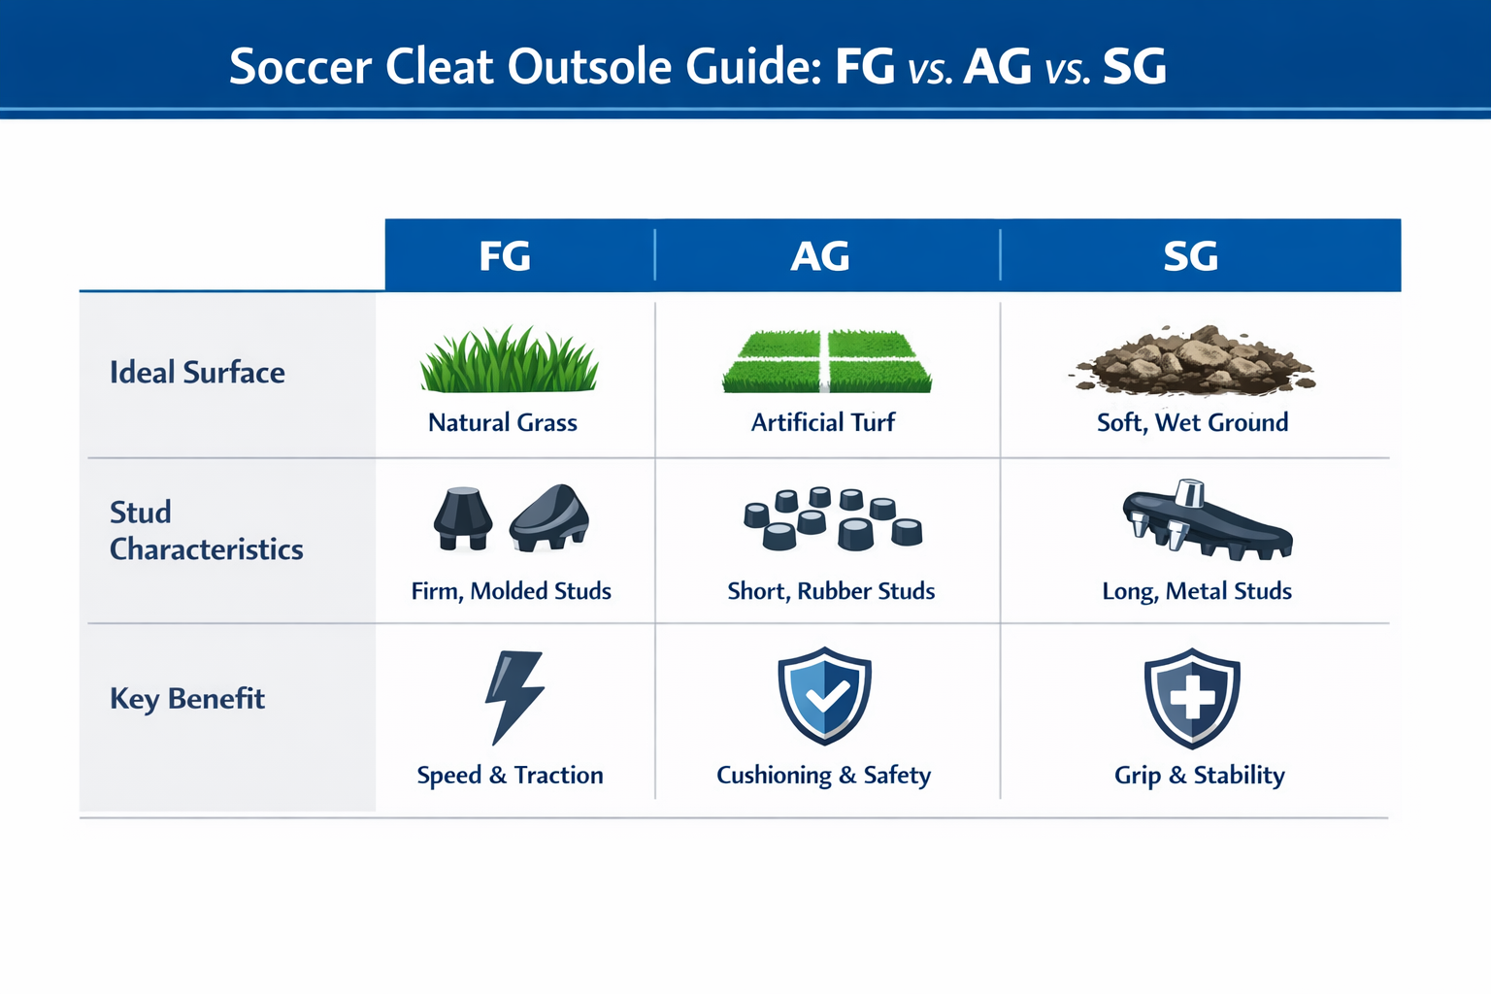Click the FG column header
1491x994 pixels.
click(505, 256)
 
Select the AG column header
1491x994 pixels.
click(820, 256)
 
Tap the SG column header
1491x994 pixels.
click(1190, 256)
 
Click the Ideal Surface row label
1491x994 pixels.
click(197, 373)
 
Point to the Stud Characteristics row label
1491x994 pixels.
click(206, 530)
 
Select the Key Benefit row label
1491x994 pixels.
click(187, 699)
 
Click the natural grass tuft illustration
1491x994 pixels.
click(510, 360)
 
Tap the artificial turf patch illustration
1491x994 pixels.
click(827, 362)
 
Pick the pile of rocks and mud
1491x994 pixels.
click(1193, 361)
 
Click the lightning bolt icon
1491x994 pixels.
click(514, 697)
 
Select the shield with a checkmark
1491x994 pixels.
click(824, 695)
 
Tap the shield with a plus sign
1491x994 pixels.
click(1192, 697)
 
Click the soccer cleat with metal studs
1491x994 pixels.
click(1204, 522)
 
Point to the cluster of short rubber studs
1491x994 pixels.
click(833, 518)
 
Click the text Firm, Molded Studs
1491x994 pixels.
click(511, 591)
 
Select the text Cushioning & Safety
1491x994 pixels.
click(823, 775)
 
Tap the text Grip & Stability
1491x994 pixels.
click(1199, 775)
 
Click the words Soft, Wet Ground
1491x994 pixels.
click(1192, 422)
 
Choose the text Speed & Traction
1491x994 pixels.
click(510, 775)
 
